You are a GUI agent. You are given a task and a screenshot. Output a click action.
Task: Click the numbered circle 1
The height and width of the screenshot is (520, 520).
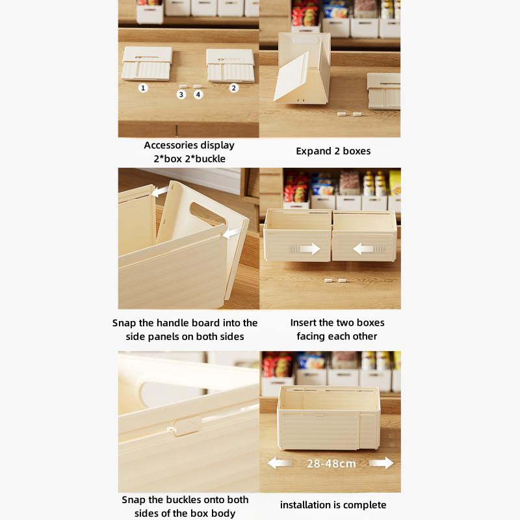(143, 88)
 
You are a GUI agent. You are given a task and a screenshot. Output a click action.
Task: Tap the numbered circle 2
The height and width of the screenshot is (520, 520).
(234, 88)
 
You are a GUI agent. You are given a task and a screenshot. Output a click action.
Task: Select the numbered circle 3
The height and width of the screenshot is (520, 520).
(181, 94)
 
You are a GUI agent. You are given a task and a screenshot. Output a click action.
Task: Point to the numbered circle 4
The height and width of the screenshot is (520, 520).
(198, 94)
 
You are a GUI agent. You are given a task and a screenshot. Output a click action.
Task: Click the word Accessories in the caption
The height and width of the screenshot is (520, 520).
(170, 145)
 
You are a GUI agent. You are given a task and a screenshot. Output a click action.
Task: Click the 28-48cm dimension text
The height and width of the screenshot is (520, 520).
(331, 463)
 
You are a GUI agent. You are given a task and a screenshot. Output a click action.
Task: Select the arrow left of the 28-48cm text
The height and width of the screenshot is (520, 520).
(279, 463)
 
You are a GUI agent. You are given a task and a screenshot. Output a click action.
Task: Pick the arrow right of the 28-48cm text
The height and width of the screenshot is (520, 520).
(382, 463)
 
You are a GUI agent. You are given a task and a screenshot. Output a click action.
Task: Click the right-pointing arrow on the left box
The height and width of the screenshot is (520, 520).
(310, 249)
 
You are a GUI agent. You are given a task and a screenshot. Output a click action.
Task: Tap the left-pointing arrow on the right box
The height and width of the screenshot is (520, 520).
(363, 249)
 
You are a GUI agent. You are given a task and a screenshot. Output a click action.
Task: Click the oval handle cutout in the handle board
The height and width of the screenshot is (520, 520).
(208, 213)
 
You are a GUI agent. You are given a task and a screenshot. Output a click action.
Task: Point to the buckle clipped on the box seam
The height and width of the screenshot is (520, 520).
(187, 426)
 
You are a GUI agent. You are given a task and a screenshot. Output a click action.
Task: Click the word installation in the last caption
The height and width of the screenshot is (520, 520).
(305, 505)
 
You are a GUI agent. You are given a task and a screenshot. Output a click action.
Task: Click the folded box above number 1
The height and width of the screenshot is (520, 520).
(147, 64)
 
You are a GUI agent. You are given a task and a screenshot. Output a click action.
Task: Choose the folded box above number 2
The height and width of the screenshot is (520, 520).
(231, 66)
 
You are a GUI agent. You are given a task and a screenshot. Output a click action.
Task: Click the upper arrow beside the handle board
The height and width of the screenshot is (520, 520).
(160, 191)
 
